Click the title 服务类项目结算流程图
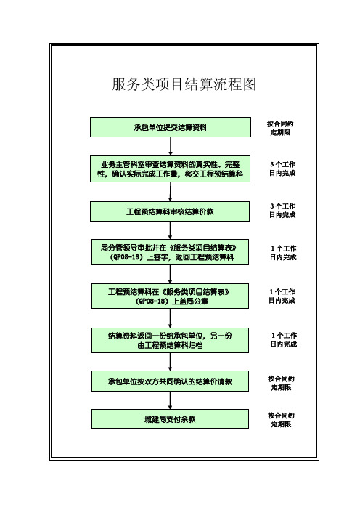pyautogui.click(x=184, y=84)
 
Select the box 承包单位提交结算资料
pyautogui.click(x=171, y=127)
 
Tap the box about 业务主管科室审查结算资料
pyautogui.click(x=171, y=169)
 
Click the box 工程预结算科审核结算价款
pyautogui.click(x=170, y=211)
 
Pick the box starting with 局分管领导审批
pyautogui.click(x=170, y=252)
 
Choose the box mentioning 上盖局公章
pyautogui.click(x=170, y=296)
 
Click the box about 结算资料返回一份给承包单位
pyautogui.click(x=170, y=340)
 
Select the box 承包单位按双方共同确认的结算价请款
pyautogui.click(x=170, y=381)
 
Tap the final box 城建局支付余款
pyautogui.click(x=170, y=419)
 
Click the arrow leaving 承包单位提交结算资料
pyautogui.click(x=171, y=146)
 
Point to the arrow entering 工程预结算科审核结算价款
pyautogui.click(x=170, y=192)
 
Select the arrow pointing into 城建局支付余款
pyautogui.click(x=170, y=400)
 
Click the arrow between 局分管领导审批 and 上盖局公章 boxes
pyautogui.click(x=170, y=274)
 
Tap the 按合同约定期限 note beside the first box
pyautogui.click(x=280, y=128)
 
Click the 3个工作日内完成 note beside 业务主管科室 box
pyautogui.click(x=282, y=169)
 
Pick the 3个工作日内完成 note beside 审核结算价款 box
pyautogui.click(x=282, y=210)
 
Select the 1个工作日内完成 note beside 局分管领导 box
pyautogui.click(x=283, y=253)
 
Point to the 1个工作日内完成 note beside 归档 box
pyautogui.click(x=284, y=339)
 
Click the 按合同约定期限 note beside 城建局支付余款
pyautogui.click(x=281, y=420)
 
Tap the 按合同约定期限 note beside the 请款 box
pyautogui.click(x=281, y=383)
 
